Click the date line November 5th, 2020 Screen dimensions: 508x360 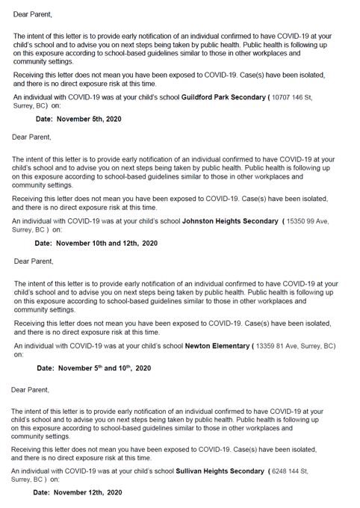tap(78, 119)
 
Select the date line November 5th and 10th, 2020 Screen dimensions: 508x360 tap(94, 368)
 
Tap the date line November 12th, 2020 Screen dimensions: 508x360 tap(78, 493)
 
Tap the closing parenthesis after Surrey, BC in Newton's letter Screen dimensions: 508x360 tap(336, 346)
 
